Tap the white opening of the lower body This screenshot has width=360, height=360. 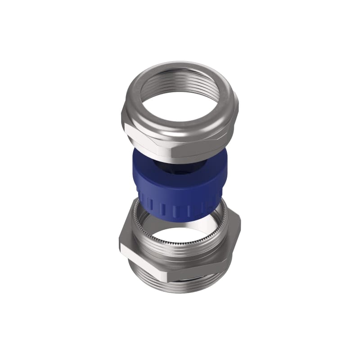coord(184,234)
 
